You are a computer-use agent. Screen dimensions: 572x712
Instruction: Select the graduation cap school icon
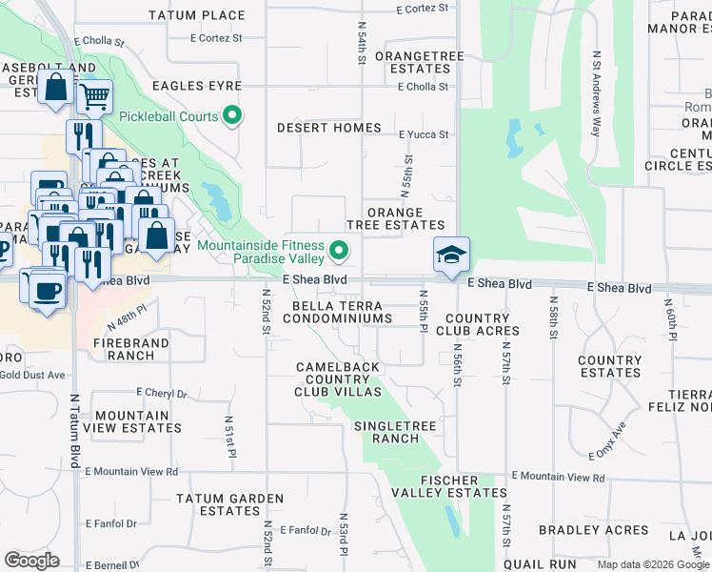pos(451,255)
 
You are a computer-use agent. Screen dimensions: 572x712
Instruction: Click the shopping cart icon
pos(94,94)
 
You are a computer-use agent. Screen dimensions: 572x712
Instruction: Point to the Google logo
pos(31,561)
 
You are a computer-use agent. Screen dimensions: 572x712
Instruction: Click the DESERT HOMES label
pos(328,128)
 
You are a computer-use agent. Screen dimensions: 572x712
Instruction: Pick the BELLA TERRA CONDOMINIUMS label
pos(338,311)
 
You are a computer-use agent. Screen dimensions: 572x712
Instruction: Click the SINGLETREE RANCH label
pos(386,432)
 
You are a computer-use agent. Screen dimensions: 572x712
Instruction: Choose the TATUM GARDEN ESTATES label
pos(229,504)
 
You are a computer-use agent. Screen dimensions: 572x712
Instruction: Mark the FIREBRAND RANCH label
pos(130,349)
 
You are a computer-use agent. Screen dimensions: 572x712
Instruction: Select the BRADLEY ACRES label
pos(580,530)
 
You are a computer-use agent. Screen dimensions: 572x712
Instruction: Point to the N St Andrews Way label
pos(597,94)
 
